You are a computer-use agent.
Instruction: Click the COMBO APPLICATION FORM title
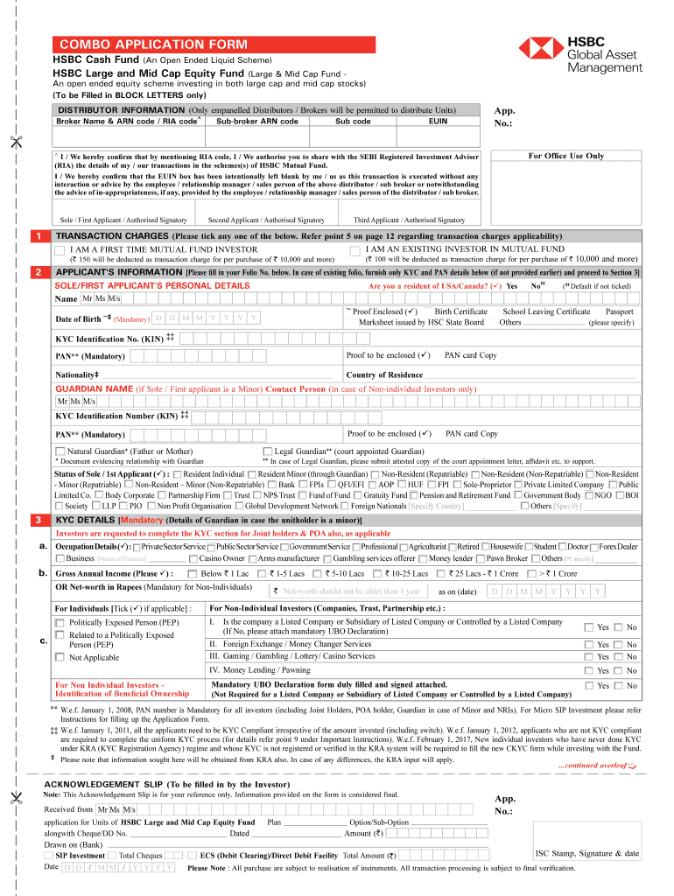point(153,45)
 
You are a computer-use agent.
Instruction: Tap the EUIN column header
point(438,122)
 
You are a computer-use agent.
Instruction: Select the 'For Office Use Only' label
point(565,156)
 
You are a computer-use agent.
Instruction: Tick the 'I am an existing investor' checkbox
point(355,250)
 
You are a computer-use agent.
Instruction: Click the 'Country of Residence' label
point(384,374)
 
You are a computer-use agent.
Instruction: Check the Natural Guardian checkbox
point(60,451)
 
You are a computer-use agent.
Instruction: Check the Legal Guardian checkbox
point(268,451)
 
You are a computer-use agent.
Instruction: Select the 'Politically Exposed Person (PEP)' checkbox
point(60,622)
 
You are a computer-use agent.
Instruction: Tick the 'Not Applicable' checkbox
point(60,657)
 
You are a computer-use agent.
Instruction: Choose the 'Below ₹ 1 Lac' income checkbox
point(191,573)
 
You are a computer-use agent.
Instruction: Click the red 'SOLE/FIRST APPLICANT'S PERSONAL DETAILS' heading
point(152,285)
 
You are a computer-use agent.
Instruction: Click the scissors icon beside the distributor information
point(16,143)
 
